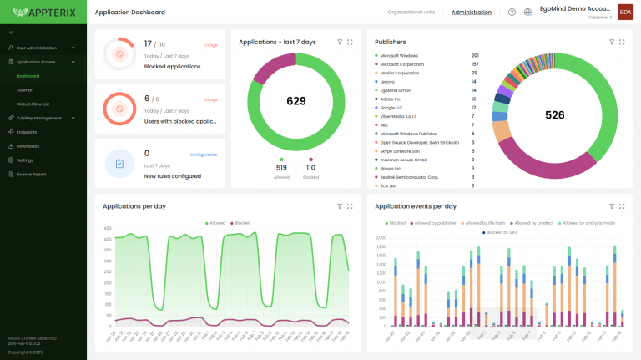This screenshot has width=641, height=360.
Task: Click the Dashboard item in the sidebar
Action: [28, 76]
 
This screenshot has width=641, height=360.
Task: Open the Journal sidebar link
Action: [24, 90]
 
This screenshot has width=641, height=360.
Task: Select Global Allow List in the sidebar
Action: [33, 104]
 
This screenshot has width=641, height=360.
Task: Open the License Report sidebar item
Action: [33, 174]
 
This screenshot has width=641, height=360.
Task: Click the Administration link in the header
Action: [472, 13]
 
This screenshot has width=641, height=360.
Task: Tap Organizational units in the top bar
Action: [412, 13]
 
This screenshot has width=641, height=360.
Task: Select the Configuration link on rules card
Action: [203, 155]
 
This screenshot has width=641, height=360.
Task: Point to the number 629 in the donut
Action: [296, 101]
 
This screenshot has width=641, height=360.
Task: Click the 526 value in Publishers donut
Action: [554, 115]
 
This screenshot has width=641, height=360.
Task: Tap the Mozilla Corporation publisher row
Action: [404, 73]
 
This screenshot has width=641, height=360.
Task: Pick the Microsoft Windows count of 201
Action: [474, 55]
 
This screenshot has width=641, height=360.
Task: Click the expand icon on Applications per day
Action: [350, 205]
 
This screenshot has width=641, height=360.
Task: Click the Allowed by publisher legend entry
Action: [433, 223]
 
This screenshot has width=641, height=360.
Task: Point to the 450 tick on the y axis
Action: [107, 228]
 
